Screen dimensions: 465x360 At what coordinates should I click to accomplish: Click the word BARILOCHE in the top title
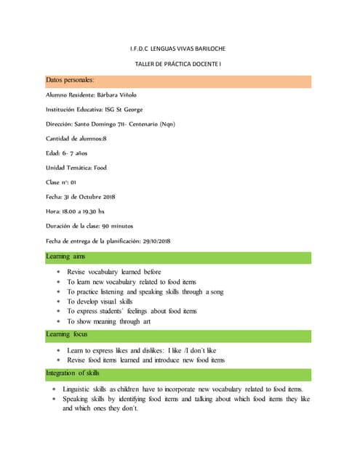tap(209, 49)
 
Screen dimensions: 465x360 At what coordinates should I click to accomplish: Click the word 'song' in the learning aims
tap(215, 291)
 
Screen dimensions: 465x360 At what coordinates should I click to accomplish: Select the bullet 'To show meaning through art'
tap(109, 321)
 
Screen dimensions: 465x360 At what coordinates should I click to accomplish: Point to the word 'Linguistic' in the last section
tap(79, 390)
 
